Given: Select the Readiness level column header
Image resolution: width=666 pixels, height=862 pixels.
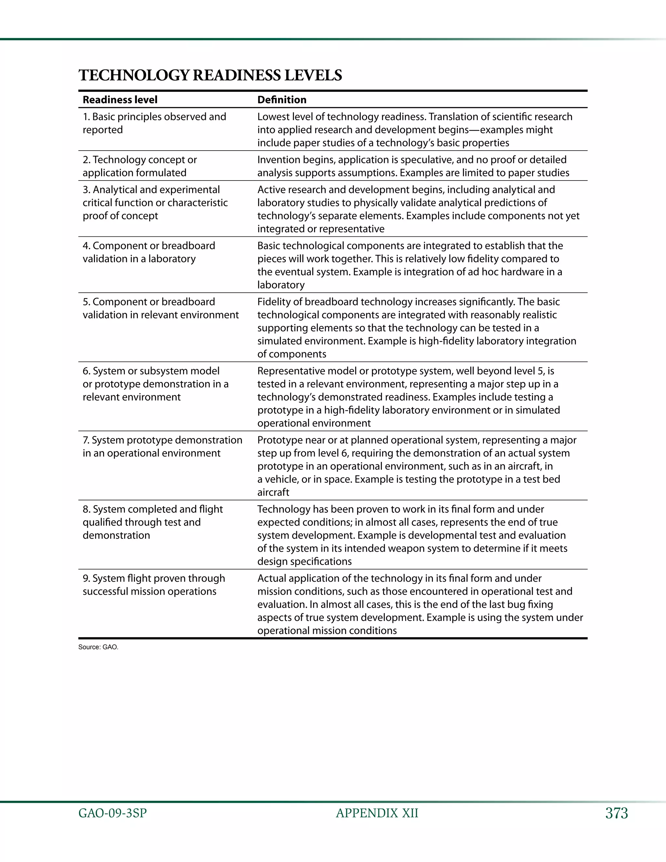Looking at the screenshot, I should pos(120,100).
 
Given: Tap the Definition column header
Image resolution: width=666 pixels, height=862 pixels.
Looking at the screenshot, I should pos(282,100).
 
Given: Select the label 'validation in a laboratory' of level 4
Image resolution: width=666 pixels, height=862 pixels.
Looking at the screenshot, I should pos(139,259).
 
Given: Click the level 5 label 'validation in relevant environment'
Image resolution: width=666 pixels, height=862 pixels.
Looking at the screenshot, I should pos(161,315).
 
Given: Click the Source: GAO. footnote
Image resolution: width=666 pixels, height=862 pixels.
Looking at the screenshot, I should pos(98,647).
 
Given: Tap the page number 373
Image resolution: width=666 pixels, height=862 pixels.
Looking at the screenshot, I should pos(616,813).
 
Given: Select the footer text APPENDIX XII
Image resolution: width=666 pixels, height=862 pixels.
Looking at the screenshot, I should pos(377,813).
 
